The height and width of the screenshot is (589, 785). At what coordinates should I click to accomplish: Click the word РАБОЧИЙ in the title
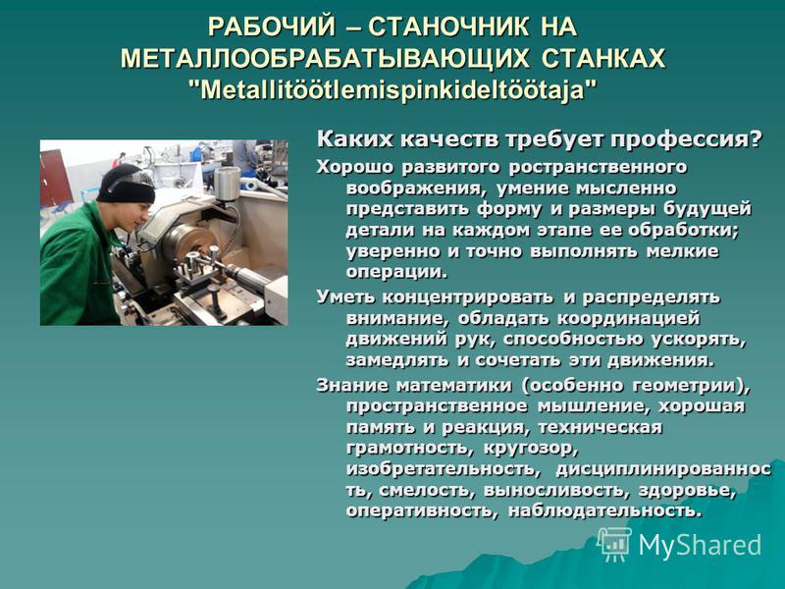pos(271,27)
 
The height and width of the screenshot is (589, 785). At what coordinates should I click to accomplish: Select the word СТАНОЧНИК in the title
pos(448,27)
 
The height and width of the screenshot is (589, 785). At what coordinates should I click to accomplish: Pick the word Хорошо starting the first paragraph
pos(355,167)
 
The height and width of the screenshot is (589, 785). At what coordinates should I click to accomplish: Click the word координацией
pos(628,319)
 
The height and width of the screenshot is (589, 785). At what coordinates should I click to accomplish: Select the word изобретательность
pos(443,469)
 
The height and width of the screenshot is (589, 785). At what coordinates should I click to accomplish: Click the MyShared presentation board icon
pos(614,544)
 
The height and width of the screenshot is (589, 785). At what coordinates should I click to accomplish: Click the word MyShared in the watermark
pos(700,545)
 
